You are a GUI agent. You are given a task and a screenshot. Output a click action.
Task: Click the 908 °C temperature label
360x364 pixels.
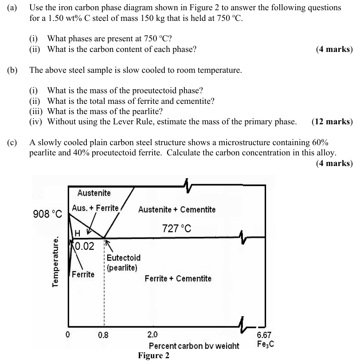click(48, 214)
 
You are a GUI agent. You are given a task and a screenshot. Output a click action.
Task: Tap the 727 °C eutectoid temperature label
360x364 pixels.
click(177, 229)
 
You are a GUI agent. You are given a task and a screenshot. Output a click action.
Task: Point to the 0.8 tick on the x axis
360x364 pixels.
click(103, 335)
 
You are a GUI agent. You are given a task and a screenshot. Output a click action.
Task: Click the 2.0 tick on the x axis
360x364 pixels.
click(152, 335)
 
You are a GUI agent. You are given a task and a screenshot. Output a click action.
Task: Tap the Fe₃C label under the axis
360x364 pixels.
click(265, 344)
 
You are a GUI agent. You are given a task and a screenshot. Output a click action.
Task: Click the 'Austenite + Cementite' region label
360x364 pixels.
click(177, 210)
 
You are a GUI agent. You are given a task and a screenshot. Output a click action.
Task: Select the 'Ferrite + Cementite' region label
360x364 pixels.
click(178, 279)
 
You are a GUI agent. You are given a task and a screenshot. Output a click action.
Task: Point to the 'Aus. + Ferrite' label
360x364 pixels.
click(95, 208)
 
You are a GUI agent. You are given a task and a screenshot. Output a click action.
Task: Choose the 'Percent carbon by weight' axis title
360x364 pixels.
click(194, 346)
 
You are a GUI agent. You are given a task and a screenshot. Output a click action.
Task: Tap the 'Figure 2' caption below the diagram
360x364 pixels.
click(153, 356)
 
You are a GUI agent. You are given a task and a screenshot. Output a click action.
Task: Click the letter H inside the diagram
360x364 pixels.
click(77, 233)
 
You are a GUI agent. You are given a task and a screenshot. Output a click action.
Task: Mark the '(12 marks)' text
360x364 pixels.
click(332, 122)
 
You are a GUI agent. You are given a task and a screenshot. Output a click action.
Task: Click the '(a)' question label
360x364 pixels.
click(12, 8)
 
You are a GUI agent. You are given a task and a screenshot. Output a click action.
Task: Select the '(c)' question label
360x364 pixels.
click(12, 142)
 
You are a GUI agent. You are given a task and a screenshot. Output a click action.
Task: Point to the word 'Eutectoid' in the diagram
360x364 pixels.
click(124, 258)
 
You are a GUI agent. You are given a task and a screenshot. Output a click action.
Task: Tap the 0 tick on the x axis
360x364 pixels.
click(68, 335)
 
